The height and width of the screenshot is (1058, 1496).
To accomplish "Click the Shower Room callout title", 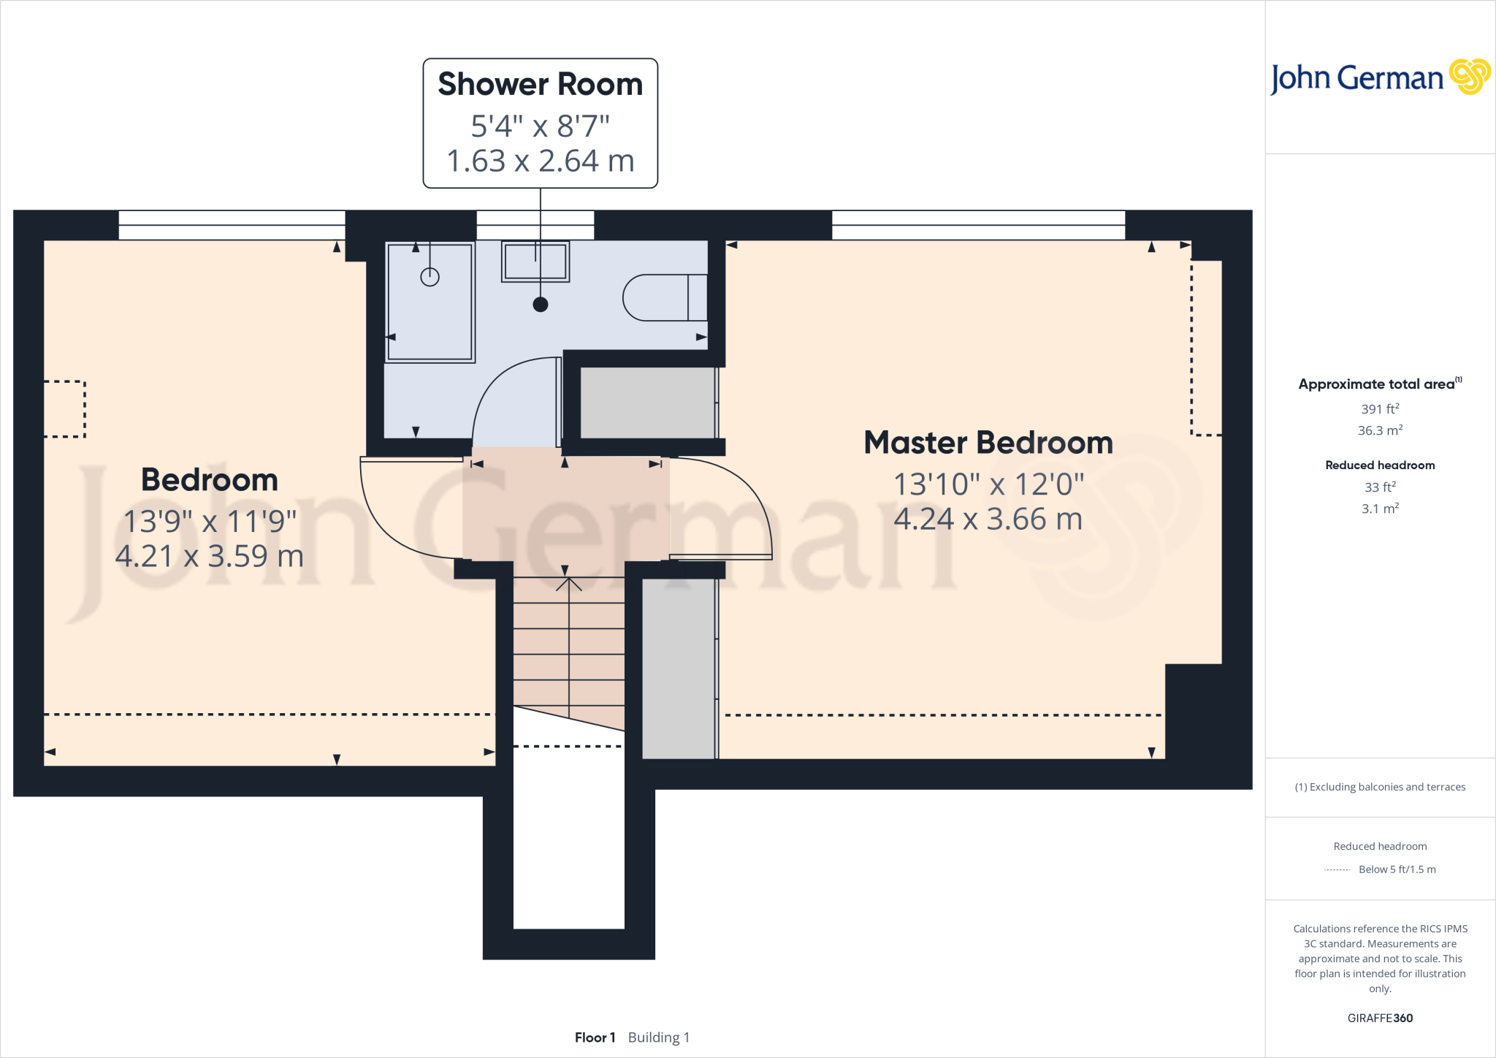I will pyautogui.click(x=540, y=85).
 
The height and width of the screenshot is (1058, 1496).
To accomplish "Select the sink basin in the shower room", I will pyautogui.click(x=535, y=262).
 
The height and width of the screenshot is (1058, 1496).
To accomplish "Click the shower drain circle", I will pyautogui.click(x=430, y=277).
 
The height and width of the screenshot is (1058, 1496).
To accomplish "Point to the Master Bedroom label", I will pyautogui.click(x=988, y=443).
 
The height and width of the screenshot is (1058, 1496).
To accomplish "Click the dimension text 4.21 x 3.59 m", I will pyautogui.click(x=210, y=557).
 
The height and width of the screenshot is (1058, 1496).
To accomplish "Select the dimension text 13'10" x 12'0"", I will pyautogui.click(x=988, y=484).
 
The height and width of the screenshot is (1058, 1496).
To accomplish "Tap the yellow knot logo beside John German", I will pyautogui.click(x=1469, y=77).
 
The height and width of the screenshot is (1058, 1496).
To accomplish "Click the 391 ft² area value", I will pyautogui.click(x=1379, y=409).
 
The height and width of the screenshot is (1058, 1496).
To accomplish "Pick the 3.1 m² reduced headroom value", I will pyautogui.click(x=1379, y=509).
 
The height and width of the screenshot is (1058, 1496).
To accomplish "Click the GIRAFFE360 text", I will pyautogui.click(x=1379, y=1018).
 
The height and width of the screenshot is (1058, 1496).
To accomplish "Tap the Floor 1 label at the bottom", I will pyautogui.click(x=595, y=1038).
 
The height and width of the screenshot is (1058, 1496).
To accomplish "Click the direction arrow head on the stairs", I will pyautogui.click(x=568, y=583).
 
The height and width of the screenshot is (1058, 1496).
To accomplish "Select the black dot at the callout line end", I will pyautogui.click(x=541, y=305).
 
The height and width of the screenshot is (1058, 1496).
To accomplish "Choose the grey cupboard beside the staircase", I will pyautogui.click(x=678, y=669).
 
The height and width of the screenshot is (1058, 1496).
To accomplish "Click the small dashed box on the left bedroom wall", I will pyautogui.click(x=65, y=409).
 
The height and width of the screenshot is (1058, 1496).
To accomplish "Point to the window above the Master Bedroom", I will pyautogui.click(x=978, y=225).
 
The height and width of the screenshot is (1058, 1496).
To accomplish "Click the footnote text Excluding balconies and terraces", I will pyautogui.click(x=1379, y=787).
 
